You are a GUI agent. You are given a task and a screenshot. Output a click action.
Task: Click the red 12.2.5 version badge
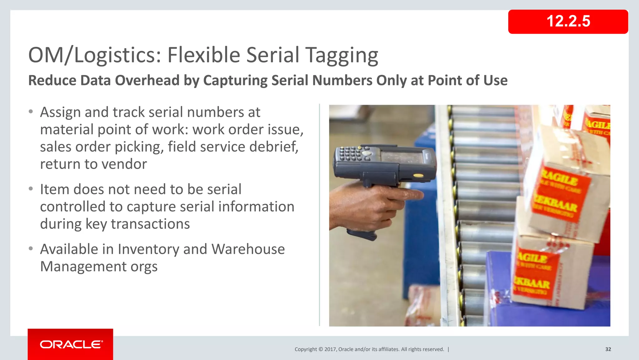568,22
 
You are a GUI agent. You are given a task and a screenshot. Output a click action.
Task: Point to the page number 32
608,349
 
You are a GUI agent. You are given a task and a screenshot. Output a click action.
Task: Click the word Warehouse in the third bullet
248,249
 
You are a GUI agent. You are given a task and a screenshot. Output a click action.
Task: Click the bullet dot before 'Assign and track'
31,112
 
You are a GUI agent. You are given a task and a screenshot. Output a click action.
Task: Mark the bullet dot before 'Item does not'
31,189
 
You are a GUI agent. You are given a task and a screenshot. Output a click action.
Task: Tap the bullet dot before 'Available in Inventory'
31,249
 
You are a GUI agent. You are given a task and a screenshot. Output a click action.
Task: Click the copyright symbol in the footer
320,349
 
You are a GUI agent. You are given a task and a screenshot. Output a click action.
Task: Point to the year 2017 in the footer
330,349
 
